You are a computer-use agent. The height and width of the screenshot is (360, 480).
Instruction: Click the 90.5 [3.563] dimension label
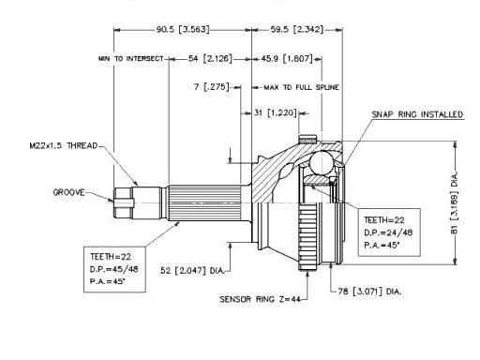(x=183, y=30)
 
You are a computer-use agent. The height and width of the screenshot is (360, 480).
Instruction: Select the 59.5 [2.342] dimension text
(x=297, y=30)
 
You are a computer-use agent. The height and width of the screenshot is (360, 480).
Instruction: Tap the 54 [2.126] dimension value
(x=210, y=58)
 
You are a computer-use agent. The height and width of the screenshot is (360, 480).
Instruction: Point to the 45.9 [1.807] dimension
(x=287, y=58)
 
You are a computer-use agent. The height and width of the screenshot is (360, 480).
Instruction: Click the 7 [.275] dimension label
(x=212, y=86)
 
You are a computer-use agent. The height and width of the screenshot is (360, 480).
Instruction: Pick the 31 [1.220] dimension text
(x=276, y=112)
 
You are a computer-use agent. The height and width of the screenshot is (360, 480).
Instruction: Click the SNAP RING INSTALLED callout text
(x=417, y=114)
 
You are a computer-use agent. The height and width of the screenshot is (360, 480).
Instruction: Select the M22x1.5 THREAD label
(x=64, y=145)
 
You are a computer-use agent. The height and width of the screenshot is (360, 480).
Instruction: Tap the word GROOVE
(x=68, y=192)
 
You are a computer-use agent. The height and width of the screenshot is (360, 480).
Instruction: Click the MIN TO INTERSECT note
(x=131, y=58)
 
